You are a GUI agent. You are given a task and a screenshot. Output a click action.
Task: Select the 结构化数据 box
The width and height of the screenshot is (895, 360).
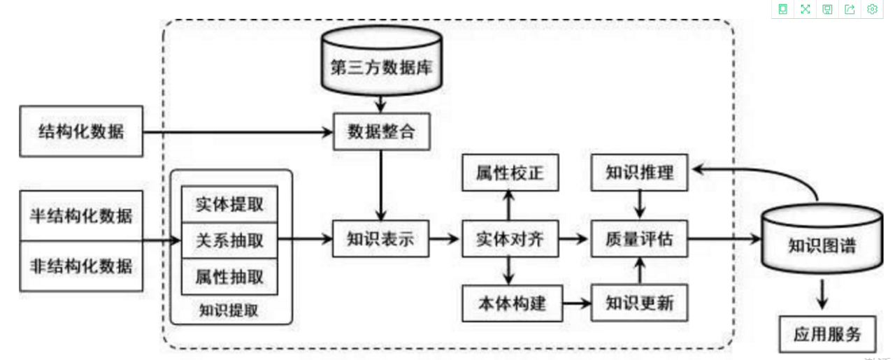click(82, 131)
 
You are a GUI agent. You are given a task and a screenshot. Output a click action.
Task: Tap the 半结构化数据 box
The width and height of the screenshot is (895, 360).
click(82, 215)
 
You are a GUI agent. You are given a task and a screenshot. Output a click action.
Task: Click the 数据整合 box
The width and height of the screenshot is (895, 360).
click(380, 131)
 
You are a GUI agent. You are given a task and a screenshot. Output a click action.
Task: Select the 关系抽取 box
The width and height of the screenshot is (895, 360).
click(229, 240)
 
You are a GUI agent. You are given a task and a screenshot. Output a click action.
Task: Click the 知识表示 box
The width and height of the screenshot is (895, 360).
click(380, 240)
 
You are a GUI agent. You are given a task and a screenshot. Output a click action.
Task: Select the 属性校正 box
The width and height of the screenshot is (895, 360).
click(510, 172)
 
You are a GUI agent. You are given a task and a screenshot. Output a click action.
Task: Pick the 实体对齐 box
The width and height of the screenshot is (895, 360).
click(510, 240)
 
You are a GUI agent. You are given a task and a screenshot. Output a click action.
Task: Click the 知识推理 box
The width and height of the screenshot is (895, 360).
click(640, 172)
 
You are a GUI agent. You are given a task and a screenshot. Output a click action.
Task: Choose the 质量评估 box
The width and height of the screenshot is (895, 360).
click(640, 240)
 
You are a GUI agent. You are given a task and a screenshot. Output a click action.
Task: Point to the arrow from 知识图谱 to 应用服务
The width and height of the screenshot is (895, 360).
click(823, 295)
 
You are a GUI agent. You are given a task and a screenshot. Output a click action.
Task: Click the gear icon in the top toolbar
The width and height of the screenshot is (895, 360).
click(872, 9)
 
